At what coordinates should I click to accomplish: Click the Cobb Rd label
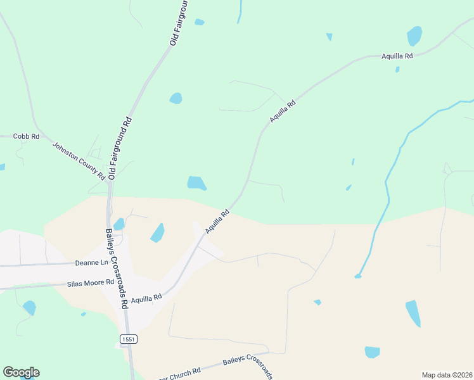pyautogui.click(x=27, y=136)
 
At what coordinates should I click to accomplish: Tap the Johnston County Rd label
pyautogui.click(x=79, y=160)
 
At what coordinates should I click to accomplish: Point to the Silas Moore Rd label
pyautogui.click(x=90, y=282)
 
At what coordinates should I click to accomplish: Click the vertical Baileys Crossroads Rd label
pyautogui.click(x=117, y=268)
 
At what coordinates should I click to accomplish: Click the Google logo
pyautogui.click(x=21, y=372)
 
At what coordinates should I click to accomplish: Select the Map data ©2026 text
pyautogui.click(x=447, y=375)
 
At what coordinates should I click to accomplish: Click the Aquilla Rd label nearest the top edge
pyautogui.click(x=397, y=56)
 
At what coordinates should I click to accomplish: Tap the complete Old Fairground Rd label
pyautogui.click(x=120, y=148)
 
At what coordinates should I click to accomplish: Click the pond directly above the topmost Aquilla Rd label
pyautogui.click(x=414, y=35)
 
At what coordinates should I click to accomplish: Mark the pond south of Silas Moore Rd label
pyautogui.click(x=29, y=308)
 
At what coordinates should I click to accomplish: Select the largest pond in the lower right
pyautogui.click(x=413, y=312)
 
